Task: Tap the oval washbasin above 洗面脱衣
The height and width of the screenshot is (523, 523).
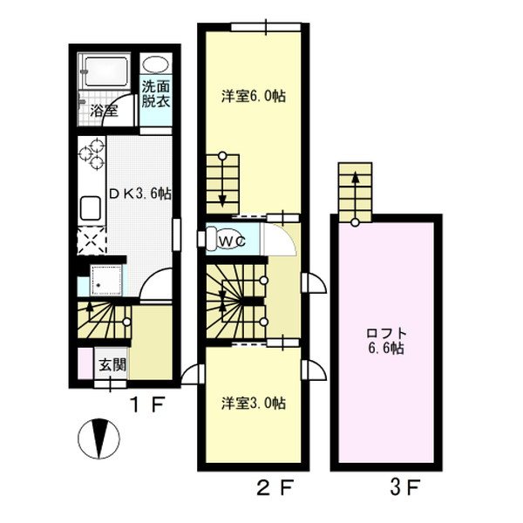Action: [158, 66]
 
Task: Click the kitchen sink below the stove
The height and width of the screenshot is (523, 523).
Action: [92, 208]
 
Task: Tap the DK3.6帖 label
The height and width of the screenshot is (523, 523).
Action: [139, 194]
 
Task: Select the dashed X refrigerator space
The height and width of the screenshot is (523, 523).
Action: [91, 239]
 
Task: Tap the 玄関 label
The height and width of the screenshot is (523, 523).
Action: [111, 364]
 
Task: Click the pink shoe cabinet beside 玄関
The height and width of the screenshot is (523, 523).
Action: [84, 363]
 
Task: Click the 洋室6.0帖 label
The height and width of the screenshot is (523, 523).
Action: [252, 97]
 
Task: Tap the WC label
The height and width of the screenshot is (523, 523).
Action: [229, 238]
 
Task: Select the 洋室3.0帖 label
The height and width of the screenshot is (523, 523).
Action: [252, 403]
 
